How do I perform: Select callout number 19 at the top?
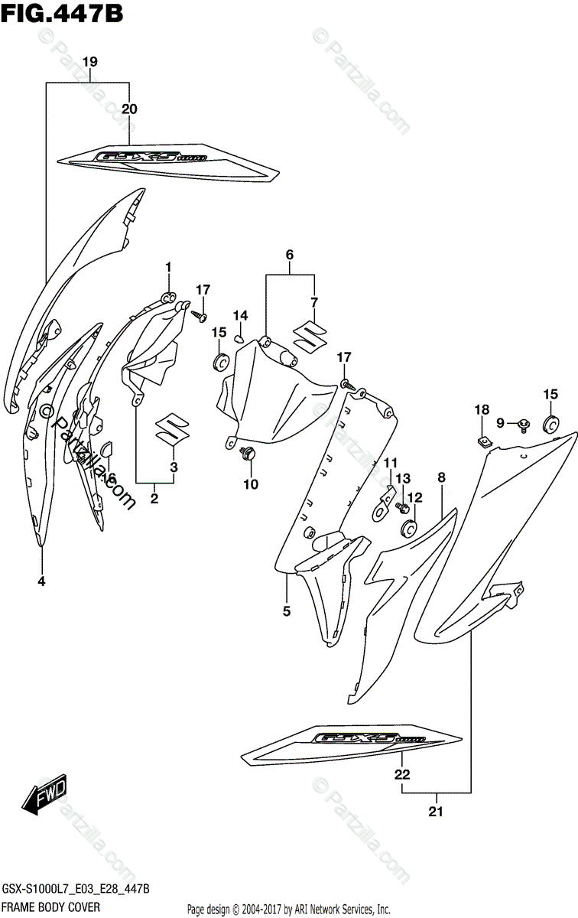tap(90, 61)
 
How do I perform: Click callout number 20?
tap(130, 109)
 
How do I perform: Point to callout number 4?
tap(41, 581)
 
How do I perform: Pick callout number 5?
tap(287, 611)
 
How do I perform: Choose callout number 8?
tap(441, 478)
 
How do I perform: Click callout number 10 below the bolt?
tap(252, 483)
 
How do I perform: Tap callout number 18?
tap(480, 411)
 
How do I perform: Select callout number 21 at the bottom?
tap(437, 811)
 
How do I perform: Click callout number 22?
tap(402, 775)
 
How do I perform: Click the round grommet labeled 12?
tap(408, 527)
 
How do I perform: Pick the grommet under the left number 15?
tap(221, 360)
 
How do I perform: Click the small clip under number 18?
tap(483, 440)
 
